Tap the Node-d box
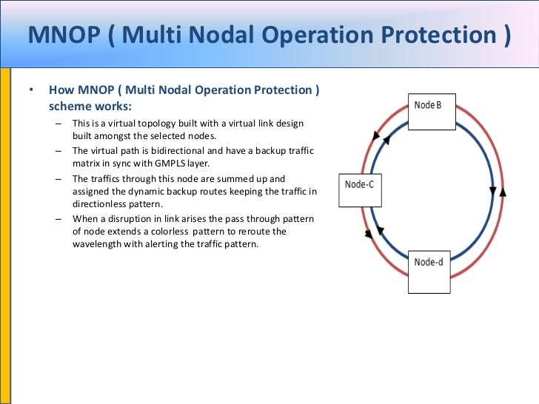pyautogui.click(x=429, y=269)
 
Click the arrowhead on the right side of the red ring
pyautogui.click(x=503, y=192)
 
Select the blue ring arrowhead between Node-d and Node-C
pyautogui.click(x=381, y=231)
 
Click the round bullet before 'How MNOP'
pyautogui.click(x=31, y=91)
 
